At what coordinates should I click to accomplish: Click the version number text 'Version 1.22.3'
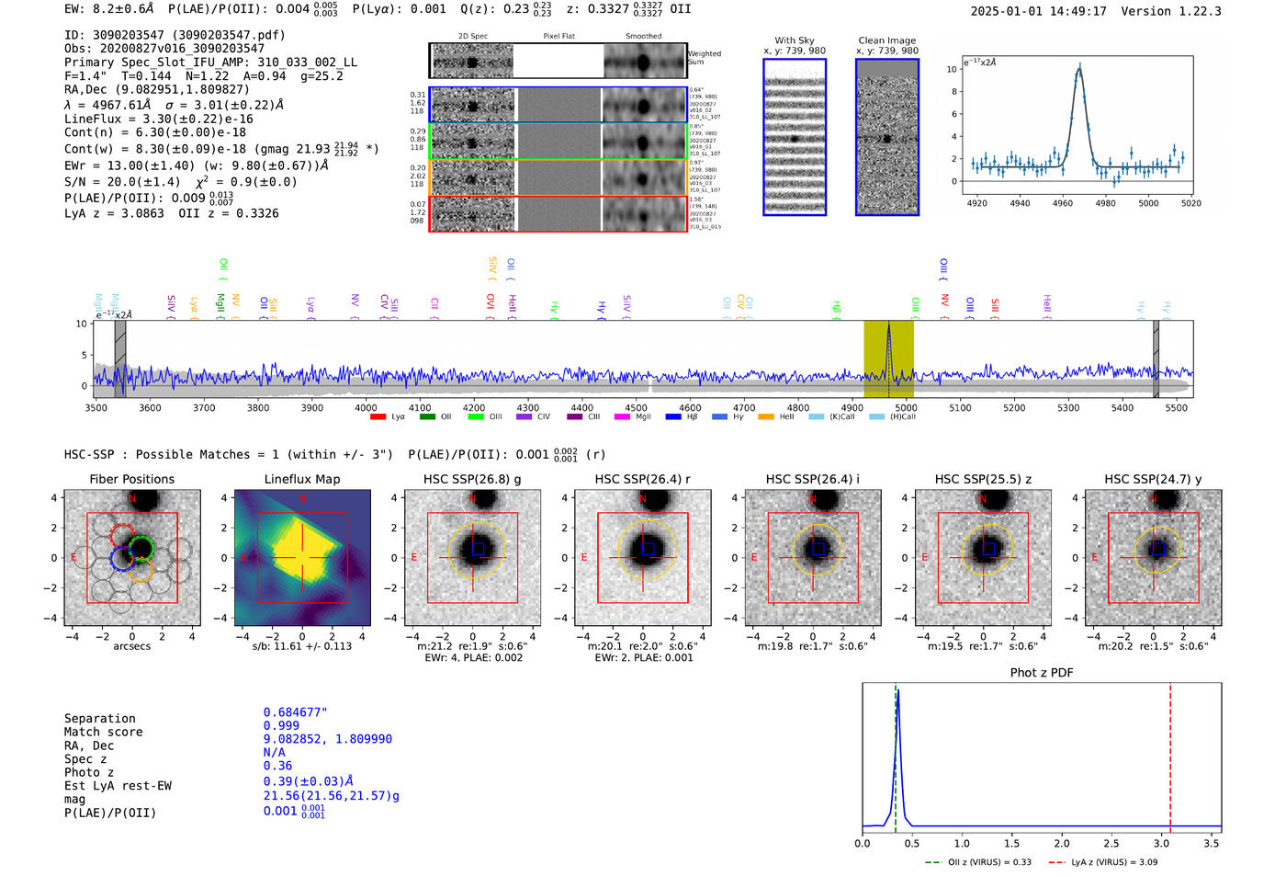click(1171, 11)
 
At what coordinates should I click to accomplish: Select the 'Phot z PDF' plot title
click(1042, 672)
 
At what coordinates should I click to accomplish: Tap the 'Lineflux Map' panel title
click(302, 479)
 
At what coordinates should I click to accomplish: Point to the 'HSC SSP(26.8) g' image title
click(472, 479)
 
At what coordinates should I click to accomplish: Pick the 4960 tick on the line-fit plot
click(1063, 203)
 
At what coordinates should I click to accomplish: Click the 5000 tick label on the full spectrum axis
click(906, 407)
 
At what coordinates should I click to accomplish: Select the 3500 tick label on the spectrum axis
click(96, 407)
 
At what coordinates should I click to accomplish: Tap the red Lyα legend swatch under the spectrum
click(378, 417)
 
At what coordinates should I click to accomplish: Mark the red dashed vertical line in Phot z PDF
click(1170, 754)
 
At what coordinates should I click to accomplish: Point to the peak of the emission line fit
click(1079, 66)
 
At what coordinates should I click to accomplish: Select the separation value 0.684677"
click(296, 712)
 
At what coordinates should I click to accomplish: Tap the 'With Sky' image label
click(795, 40)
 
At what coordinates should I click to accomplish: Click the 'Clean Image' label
click(887, 40)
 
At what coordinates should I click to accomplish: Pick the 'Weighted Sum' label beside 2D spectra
click(705, 58)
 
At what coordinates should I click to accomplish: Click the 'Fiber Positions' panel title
click(131, 479)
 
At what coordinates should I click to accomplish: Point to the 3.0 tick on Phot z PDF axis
click(1162, 843)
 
